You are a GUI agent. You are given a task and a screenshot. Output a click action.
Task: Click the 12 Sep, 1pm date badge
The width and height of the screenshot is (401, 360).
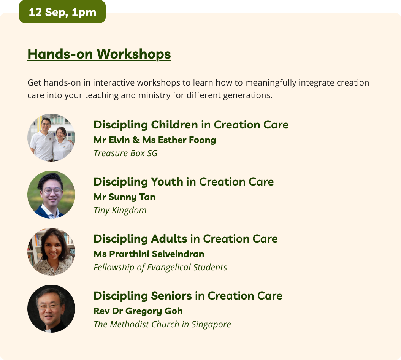click(62, 12)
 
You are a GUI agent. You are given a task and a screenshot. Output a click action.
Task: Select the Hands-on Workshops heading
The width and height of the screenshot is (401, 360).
click(99, 54)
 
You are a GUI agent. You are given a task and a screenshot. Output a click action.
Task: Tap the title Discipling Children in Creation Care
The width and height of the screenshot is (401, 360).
click(191, 125)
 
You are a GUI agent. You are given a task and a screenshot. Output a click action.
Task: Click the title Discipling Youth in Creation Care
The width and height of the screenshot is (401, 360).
click(184, 182)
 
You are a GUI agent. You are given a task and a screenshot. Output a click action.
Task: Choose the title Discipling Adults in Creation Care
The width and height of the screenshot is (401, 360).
click(185, 239)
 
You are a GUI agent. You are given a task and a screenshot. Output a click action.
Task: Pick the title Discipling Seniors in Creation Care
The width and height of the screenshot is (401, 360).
click(188, 296)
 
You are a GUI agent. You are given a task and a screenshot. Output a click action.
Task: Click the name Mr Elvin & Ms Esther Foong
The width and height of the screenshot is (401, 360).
click(155, 140)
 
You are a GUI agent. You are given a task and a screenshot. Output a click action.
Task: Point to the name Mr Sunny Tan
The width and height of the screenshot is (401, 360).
click(125, 197)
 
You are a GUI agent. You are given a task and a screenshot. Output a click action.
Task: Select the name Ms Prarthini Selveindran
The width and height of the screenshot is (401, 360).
click(149, 254)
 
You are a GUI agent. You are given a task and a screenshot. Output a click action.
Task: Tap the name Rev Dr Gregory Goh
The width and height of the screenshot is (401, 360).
click(138, 311)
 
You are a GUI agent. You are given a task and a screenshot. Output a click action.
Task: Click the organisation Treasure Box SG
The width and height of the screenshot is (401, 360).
click(125, 153)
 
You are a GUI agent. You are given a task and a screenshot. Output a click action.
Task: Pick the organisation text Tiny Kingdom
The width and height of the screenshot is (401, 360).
click(120, 210)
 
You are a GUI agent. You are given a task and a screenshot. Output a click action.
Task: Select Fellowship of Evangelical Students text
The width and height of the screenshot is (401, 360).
click(160, 267)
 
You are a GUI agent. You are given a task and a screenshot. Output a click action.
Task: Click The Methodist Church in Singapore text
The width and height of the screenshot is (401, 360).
click(162, 324)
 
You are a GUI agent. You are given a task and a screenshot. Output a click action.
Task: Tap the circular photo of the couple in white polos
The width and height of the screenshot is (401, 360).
click(51, 138)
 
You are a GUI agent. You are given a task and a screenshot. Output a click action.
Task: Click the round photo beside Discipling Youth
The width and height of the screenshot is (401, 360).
click(51, 195)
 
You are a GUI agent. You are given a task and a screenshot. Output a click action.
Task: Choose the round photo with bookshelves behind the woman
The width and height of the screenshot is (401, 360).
click(51, 252)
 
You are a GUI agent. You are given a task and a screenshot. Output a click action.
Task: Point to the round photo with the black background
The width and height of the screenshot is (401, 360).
click(51, 309)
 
